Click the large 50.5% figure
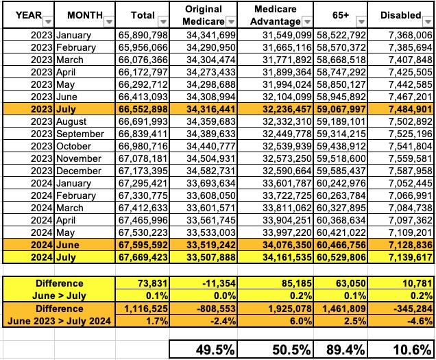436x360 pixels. (279, 348)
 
